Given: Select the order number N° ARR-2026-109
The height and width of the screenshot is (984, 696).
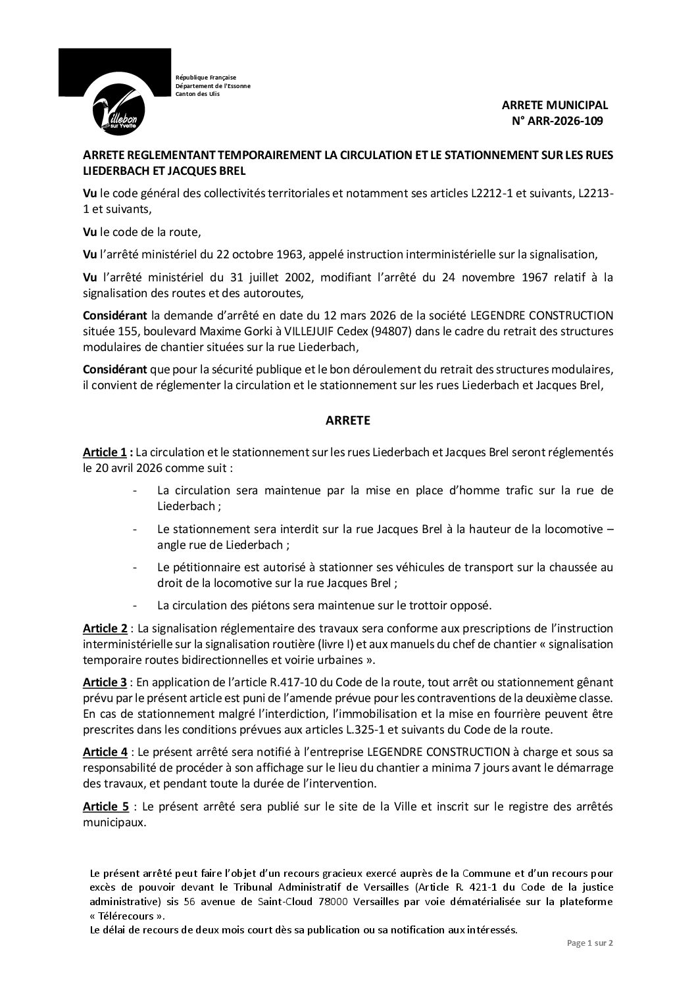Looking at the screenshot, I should tap(557, 120).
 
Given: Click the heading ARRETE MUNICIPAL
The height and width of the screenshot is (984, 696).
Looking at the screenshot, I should tap(555, 105).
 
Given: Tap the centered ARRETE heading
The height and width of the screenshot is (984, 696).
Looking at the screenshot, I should tap(348, 421).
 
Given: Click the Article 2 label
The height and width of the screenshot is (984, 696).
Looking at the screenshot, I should tap(105, 628).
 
